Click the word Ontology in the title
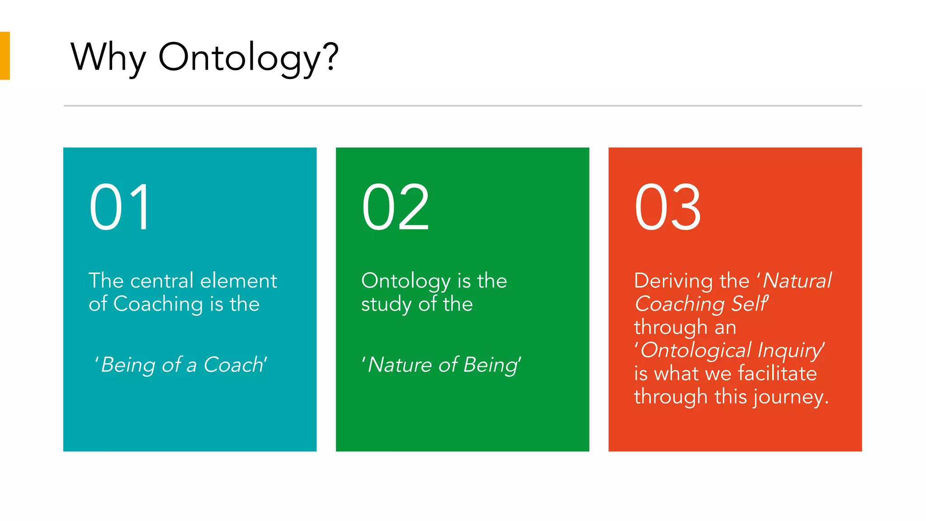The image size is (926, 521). pyautogui.click(x=239, y=58)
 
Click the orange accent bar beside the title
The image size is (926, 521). pyautogui.click(x=5, y=56)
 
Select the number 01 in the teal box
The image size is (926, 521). pyautogui.click(x=119, y=208)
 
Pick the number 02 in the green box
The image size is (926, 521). pyautogui.click(x=396, y=208)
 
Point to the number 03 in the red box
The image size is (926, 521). pyautogui.click(x=668, y=208)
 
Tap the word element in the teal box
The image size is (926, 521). pyautogui.click(x=239, y=281)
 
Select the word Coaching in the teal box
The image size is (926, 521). pyautogui.click(x=158, y=304)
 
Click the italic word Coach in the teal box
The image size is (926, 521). pyautogui.click(x=234, y=365)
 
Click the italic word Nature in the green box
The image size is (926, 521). pyautogui.click(x=400, y=365)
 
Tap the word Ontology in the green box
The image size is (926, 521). pyautogui.click(x=406, y=281)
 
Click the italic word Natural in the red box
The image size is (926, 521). pyautogui.click(x=797, y=281)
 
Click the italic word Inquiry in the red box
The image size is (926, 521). pyautogui.click(x=790, y=350)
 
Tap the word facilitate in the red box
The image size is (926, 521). pyautogui.click(x=777, y=374)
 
